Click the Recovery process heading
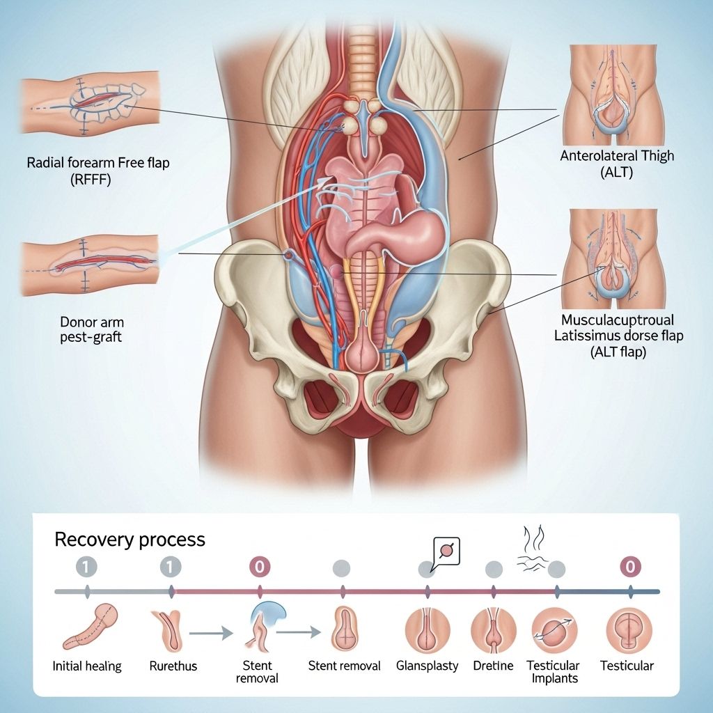(x=130, y=539)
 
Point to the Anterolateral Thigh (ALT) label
(x=617, y=164)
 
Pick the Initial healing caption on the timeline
(x=87, y=666)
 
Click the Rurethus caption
(x=173, y=666)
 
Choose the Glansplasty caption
(x=427, y=666)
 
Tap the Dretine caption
(x=493, y=666)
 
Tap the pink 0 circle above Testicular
(x=629, y=567)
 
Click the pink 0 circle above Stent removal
(x=259, y=567)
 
